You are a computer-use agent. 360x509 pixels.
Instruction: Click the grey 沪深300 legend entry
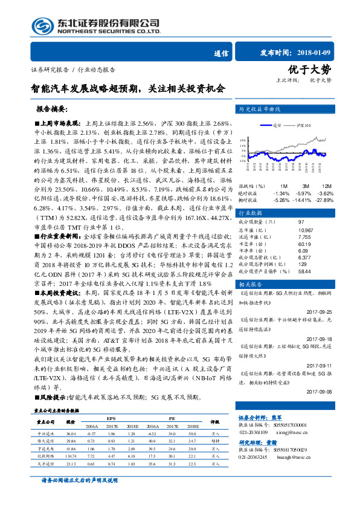(304, 127)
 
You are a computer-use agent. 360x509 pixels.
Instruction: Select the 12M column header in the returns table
(326, 185)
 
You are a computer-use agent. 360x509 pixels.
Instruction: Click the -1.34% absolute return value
(281, 192)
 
